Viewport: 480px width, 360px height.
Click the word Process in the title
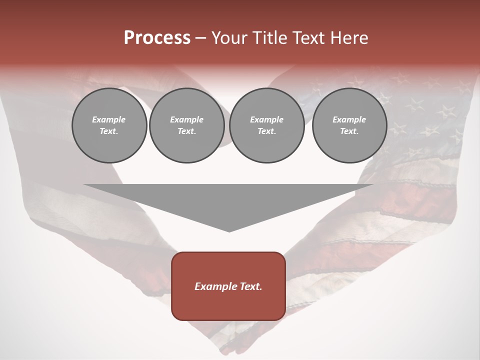[157, 38]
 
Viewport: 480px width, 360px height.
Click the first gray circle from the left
[109, 125]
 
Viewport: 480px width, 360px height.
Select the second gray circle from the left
[186, 125]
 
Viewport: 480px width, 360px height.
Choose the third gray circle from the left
[266, 125]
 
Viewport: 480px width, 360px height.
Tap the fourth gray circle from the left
[349, 125]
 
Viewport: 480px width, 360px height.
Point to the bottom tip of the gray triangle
[229, 231]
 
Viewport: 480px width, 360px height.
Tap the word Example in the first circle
[109, 120]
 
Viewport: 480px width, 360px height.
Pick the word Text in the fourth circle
[349, 131]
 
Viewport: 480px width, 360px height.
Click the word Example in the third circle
[266, 120]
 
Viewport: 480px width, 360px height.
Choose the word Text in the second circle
[186, 131]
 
